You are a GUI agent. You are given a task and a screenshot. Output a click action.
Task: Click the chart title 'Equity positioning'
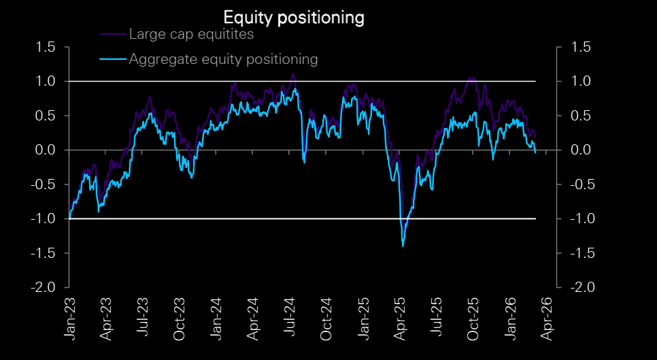(x=294, y=17)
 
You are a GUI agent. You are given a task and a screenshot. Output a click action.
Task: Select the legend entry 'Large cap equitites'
(x=191, y=34)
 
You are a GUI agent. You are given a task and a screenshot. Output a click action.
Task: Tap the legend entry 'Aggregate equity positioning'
(x=223, y=59)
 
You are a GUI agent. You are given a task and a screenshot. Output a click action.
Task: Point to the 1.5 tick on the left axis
(x=48, y=47)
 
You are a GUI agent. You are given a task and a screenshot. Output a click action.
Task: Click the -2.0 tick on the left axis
(x=46, y=287)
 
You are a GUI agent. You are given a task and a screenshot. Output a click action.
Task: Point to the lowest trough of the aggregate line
(x=403, y=246)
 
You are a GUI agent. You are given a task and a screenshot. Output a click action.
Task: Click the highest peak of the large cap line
(x=293, y=73)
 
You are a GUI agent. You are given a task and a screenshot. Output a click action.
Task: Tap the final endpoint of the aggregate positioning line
(x=535, y=152)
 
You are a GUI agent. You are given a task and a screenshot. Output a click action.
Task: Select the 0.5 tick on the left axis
(x=48, y=116)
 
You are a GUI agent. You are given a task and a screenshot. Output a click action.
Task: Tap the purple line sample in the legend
(x=114, y=34)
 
